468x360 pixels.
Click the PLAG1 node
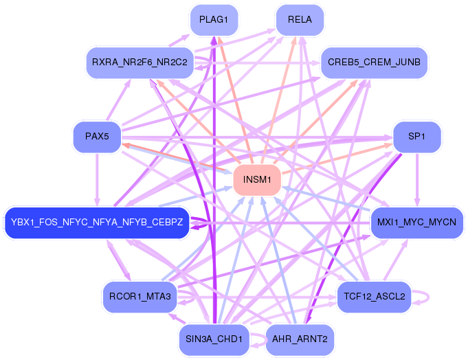pos(213,19)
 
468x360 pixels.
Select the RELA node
pos(300,19)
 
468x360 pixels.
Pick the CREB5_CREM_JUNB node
pos(374,63)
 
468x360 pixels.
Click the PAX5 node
pos(97,136)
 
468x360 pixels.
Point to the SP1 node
pos(416,136)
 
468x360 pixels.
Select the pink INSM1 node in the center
pos(257,180)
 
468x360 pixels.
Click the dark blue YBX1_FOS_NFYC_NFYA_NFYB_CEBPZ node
pos(97,222)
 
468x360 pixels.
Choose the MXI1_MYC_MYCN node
pos(416,222)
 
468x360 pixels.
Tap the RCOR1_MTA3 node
pos(140,296)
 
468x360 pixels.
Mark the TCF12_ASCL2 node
pos(374,297)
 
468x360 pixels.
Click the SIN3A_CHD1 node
pos(213,338)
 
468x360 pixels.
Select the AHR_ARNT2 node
pos(300,338)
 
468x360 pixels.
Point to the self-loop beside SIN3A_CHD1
pos(256,338)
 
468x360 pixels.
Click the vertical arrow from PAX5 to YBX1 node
pos(97,179)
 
